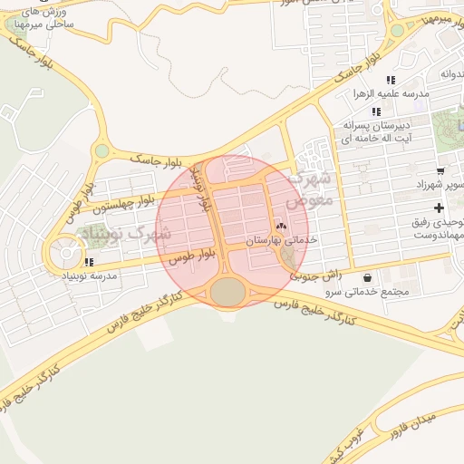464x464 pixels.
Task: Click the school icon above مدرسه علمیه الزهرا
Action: (x=391, y=81)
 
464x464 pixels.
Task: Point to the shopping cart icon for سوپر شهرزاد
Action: (x=440, y=169)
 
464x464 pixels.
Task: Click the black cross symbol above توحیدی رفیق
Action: (x=440, y=208)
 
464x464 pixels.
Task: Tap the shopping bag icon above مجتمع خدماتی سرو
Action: (x=367, y=277)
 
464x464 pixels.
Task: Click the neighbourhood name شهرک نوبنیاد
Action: (x=128, y=235)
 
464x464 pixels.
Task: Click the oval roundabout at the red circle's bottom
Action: (x=228, y=291)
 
